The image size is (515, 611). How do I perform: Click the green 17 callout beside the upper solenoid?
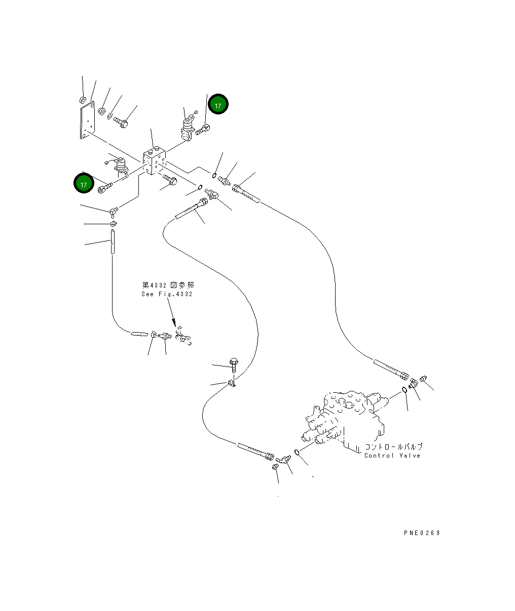point(218,104)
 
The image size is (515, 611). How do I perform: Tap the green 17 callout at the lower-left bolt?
point(84,183)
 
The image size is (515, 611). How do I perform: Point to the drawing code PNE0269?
point(422,533)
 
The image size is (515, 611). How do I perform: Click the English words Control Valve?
point(392,455)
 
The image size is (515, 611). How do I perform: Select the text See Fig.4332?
point(167,294)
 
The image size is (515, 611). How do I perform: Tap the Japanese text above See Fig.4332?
point(168,285)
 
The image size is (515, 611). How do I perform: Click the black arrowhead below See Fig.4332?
point(174,322)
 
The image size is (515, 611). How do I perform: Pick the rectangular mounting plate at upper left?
point(87,120)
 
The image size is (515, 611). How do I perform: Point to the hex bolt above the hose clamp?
point(234,365)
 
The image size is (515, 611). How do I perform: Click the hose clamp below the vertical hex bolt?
point(232,383)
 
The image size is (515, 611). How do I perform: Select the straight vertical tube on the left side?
point(113,241)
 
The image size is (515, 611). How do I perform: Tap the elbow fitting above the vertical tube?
point(114,212)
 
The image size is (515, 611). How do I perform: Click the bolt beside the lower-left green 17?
point(105,188)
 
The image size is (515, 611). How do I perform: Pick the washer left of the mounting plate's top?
point(83,100)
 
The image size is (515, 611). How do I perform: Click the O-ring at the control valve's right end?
point(404,390)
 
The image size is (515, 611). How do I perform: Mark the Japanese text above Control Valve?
point(393,446)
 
